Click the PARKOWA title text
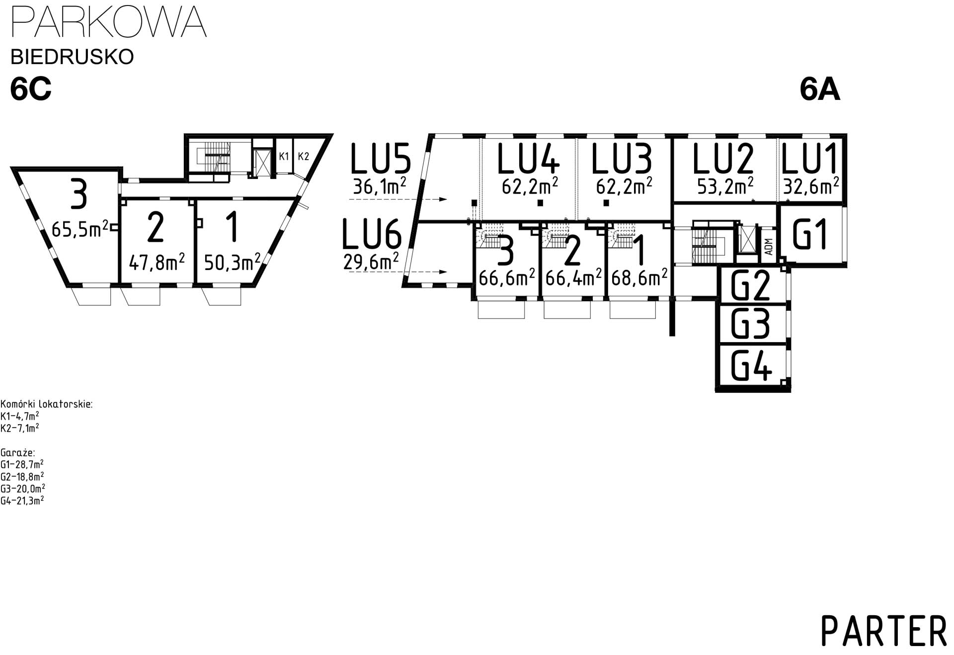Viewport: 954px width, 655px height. pyautogui.click(x=108, y=22)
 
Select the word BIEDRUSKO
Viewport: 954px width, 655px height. pyautogui.click(x=72, y=57)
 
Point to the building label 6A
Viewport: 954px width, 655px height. pyautogui.click(x=819, y=90)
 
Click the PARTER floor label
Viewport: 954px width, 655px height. pyautogui.click(x=883, y=631)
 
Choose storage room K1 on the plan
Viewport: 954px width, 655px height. pyautogui.click(x=284, y=157)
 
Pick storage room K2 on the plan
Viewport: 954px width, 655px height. pyautogui.click(x=304, y=157)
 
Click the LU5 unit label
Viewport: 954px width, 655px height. pyautogui.click(x=381, y=159)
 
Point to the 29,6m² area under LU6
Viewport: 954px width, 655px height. pyautogui.click(x=371, y=261)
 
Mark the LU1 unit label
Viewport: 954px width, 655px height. pyautogui.click(x=809, y=159)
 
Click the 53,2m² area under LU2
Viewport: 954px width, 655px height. pyautogui.click(x=725, y=186)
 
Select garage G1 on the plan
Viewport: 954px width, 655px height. pyautogui.click(x=810, y=234)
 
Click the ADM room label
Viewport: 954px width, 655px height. pyautogui.click(x=769, y=247)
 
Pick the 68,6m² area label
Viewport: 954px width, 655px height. pyautogui.click(x=639, y=278)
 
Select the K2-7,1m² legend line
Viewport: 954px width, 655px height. pyautogui.click(x=20, y=428)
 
